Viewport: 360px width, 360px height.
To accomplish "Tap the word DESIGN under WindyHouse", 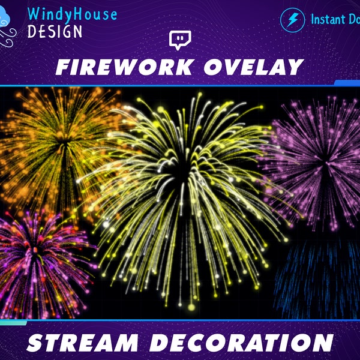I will (55, 31).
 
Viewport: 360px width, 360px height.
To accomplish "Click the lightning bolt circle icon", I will (292, 20).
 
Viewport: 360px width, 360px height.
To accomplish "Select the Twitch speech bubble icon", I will (179, 41).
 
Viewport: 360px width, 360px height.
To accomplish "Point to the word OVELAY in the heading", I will (250, 67).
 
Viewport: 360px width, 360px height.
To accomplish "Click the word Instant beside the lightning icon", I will (329, 19).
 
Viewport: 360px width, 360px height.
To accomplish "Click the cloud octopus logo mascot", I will (11, 26).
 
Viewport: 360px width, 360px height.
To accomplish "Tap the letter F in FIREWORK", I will (63, 67).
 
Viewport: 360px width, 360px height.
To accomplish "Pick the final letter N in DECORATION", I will (323, 343).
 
